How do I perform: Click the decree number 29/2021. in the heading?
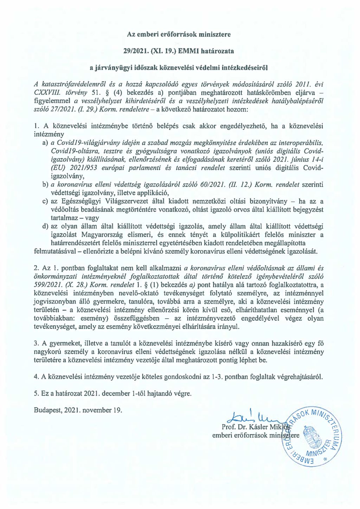click(135, 51)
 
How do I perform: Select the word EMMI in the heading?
click(190, 51)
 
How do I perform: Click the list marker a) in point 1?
click(45, 143)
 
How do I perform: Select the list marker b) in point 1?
click(45, 185)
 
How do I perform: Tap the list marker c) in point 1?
click(45, 202)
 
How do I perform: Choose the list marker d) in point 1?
click(45, 227)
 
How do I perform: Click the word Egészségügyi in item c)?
click(81, 202)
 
